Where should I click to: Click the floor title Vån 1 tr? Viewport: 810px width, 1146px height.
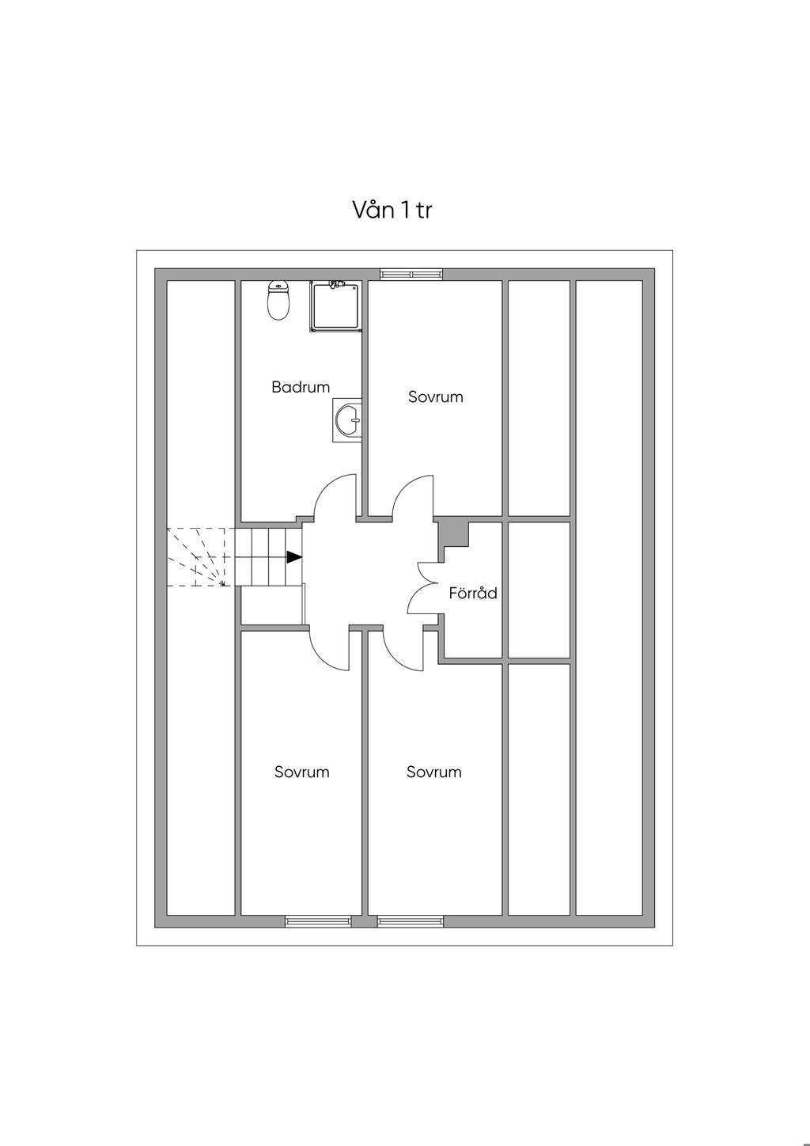tap(392, 211)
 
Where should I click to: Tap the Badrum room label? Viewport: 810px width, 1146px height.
tap(301, 387)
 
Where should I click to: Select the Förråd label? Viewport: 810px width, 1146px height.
tap(473, 593)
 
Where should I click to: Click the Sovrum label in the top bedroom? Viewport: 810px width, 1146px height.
tap(435, 397)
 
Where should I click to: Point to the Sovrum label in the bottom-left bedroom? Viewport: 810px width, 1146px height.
tap(301, 772)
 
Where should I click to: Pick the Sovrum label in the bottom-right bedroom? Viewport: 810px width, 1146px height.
tap(433, 772)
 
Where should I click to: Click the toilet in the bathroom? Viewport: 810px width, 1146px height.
tap(277, 301)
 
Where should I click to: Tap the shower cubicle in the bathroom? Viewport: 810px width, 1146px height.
tap(336, 307)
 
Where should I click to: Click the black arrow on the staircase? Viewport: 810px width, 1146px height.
tap(293, 557)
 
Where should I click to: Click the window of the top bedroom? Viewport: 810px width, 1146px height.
tap(411, 274)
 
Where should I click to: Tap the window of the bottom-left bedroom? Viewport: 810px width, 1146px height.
tap(318, 920)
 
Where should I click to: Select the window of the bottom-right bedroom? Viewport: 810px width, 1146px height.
tap(410, 920)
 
